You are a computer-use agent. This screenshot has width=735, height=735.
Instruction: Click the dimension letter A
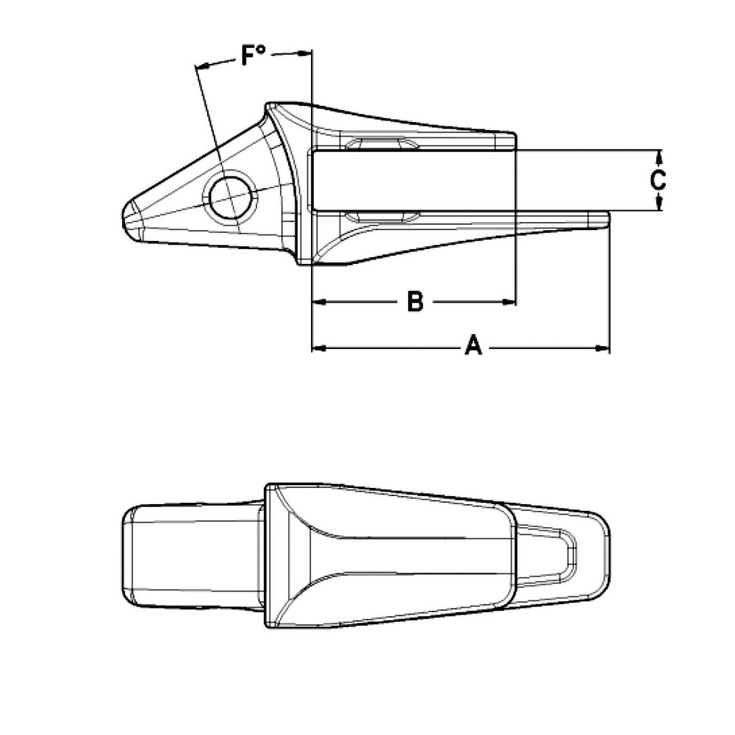474,345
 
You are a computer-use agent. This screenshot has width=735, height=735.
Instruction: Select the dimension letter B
415,301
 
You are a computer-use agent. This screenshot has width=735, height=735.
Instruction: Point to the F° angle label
254,56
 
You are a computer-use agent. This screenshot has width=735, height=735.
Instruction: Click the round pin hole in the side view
231,196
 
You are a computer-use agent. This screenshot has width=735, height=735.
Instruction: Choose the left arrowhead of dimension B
318,301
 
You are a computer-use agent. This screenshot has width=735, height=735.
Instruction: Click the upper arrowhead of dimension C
659,155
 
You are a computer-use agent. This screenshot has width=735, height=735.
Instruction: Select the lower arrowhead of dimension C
659,205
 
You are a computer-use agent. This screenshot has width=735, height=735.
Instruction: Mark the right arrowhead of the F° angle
306,52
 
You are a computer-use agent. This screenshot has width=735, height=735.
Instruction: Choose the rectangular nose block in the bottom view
191,556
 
